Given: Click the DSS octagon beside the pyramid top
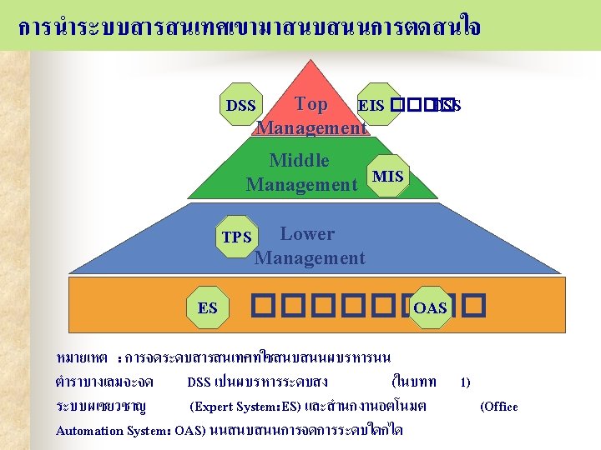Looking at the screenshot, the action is [x=241, y=105].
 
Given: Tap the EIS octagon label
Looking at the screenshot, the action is [x=371, y=105].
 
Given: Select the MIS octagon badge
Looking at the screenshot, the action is [x=388, y=176].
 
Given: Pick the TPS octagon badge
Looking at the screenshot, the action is [x=236, y=237].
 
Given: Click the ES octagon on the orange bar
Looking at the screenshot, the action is [x=208, y=308].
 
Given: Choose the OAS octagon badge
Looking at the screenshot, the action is [x=430, y=308].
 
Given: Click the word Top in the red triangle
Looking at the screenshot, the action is [x=311, y=104].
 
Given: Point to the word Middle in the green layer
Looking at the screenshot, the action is [x=299, y=160].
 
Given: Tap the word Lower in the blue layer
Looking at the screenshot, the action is [x=307, y=234].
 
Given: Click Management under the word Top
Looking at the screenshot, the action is [x=311, y=127].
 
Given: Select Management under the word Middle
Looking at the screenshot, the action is [x=301, y=184].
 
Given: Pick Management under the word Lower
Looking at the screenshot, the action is [x=310, y=257].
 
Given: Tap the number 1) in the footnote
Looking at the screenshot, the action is [x=465, y=382].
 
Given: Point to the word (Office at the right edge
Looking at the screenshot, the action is [x=499, y=407].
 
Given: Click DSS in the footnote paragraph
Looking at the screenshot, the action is [x=199, y=382].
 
